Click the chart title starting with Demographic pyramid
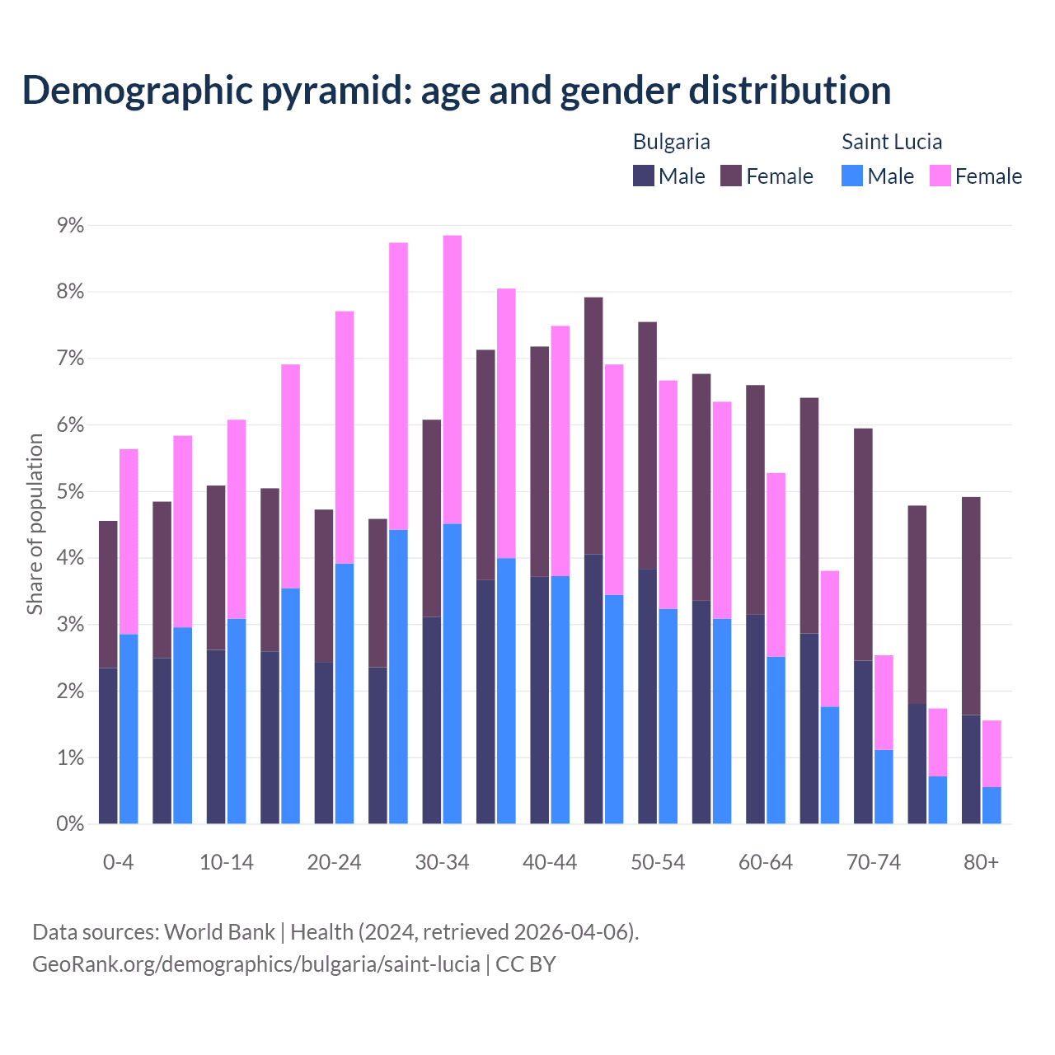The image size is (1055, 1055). [x=457, y=91]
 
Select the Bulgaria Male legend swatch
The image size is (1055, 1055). [x=644, y=176]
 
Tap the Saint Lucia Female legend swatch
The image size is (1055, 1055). [x=940, y=176]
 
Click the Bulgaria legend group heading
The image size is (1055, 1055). [x=671, y=142]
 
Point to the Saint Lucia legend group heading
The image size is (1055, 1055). [x=891, y=142]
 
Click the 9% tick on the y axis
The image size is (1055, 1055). [x=70, y=226]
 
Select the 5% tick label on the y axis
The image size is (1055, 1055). [x=70, y=492]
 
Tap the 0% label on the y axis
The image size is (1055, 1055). [x=70, y=824]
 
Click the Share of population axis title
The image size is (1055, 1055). [x=35, y=524]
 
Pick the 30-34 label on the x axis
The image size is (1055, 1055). [x=442, y=863]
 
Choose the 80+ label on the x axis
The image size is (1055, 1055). [x=981, y=863]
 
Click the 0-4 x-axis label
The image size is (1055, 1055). [x=118, y=863]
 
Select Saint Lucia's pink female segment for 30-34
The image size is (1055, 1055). [x=452, y=379]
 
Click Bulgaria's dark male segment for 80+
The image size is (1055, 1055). [x=971, y=769]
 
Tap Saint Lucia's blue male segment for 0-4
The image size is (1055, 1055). [x=129, y=729]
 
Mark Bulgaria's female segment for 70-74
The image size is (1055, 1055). [x=863, y=544]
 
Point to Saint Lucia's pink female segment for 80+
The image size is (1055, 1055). [x=992, y=753]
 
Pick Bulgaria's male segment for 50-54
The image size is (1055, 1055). [x=648, y=696]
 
